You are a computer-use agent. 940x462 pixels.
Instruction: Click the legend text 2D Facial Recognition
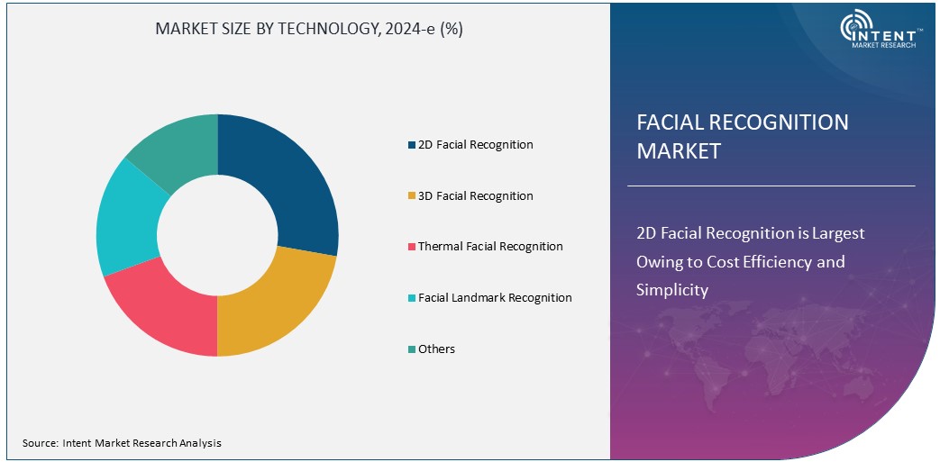[475, 145]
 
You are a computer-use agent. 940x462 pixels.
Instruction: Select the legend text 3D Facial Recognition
[475, 196]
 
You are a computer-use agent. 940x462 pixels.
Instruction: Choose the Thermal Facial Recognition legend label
[490, 247]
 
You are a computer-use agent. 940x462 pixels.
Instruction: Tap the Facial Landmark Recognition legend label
[495, 298]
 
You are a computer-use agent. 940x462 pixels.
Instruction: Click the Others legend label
[436, 349]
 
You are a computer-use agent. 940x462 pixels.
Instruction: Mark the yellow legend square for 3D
[412, 196]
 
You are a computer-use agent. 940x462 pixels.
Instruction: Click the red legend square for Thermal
[412, 247]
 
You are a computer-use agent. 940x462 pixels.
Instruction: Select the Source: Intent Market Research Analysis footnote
[122, 443]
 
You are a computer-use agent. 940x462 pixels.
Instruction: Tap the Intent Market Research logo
[878, 32]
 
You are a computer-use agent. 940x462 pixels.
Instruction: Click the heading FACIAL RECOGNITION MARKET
[742, 136]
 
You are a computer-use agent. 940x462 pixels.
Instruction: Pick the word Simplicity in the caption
[672, 290]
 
